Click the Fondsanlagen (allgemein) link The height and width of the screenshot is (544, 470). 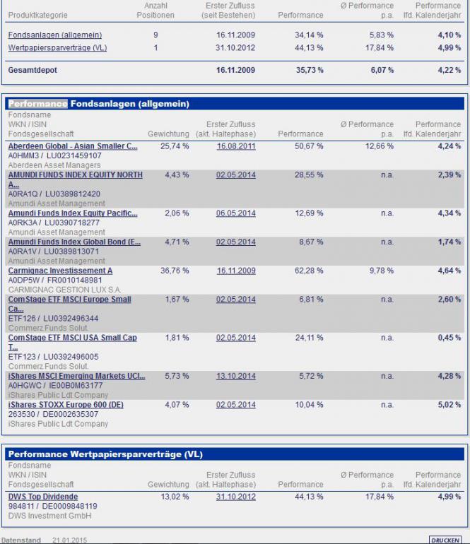click(55, 35)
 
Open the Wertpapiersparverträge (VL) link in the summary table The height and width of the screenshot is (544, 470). click(57, 48)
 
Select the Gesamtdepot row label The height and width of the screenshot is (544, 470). click(33, 71)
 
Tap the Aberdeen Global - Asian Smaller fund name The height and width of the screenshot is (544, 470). click(73, 146)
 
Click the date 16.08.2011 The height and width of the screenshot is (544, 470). click(236, 146)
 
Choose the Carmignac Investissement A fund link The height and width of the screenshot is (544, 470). click(60, 271)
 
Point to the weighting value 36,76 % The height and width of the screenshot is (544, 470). click(175, 271)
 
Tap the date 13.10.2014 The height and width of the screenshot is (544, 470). click(236, 376)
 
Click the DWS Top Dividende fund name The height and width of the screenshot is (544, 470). click(43, 497)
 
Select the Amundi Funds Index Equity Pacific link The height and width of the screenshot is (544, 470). click(73, 213)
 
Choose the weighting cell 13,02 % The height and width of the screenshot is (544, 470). click(175, 497)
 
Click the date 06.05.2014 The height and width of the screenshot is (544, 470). click(236, 213)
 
